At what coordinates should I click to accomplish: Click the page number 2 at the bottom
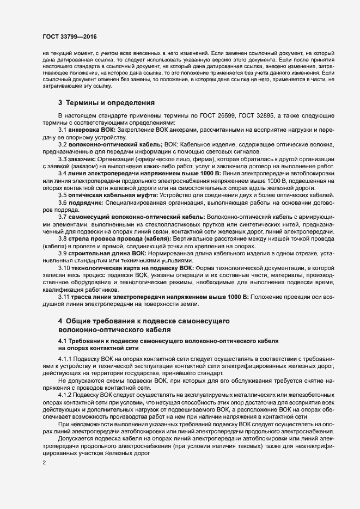coord(44,463)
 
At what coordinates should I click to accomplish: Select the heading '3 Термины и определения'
coord(99,102)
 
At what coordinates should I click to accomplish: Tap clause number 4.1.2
coord(66,394)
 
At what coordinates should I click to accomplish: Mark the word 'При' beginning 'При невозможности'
coord(63,423)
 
